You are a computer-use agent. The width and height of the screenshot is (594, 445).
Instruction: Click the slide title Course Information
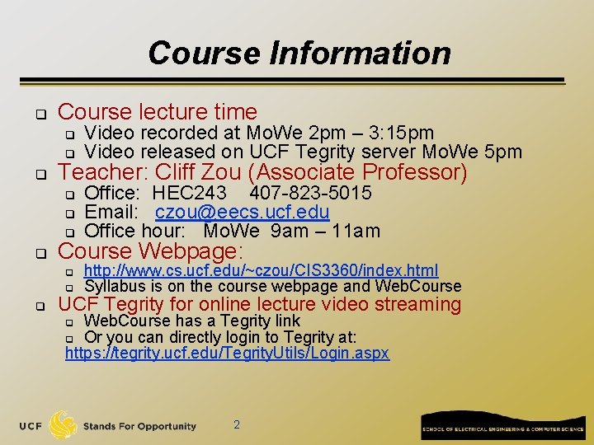(x=299, y=54)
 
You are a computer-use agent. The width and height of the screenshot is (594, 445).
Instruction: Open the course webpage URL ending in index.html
(x=261, y=270)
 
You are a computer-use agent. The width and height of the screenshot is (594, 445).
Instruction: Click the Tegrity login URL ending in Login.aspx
(x=227, y=354)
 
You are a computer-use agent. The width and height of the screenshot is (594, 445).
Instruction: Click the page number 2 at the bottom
(x=237, y=424)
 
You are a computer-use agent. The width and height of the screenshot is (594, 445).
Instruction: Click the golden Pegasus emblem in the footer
(x=63, y=425)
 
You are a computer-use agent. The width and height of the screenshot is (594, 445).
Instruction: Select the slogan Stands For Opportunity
(x=139, y=426)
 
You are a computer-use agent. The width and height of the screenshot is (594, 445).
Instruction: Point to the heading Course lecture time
(x=158, y=111)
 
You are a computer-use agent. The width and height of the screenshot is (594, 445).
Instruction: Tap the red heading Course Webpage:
(x=151, y=251)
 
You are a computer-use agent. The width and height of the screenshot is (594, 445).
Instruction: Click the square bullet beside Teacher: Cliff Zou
(x=39, y=174)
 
